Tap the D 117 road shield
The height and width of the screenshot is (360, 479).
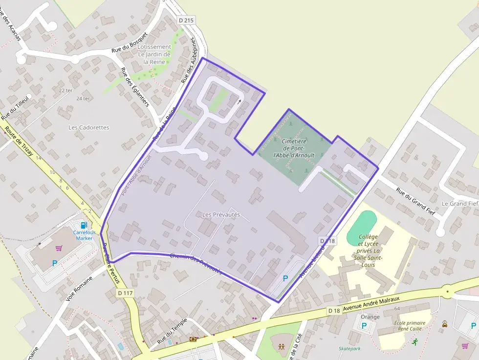tap(125, 293)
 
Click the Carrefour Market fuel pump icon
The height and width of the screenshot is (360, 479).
tap(84, 225)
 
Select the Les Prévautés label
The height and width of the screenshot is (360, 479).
tap(221, 215)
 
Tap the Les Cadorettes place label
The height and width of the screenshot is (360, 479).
tap(89, 127)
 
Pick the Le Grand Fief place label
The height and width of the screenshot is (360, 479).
tap(459, 203)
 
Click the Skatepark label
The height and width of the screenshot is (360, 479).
tap(349, 349)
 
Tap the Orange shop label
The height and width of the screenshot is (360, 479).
tap(370, 317)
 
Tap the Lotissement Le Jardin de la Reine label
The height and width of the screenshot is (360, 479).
tap(154, 54)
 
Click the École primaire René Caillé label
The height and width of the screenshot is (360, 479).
tap(410, 326)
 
